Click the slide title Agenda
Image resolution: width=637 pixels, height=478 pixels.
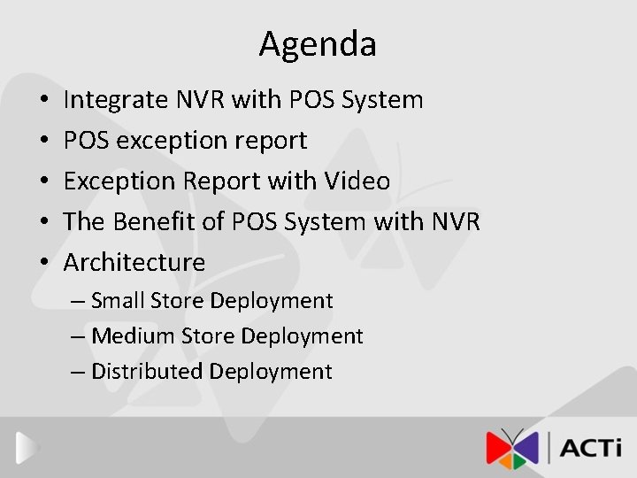click(318, 44)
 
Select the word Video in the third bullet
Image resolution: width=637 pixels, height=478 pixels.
click(357, 181)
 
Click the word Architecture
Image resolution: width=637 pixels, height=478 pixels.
click(134, 263)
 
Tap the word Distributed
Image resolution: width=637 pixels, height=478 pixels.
click(147, 372)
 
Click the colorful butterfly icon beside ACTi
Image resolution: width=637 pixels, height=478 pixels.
click(511, 448)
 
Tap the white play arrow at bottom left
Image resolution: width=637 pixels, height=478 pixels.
click(27, 448)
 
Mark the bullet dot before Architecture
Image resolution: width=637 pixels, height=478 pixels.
click(44, 263)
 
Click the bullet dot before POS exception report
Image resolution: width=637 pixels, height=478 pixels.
click(44, 141)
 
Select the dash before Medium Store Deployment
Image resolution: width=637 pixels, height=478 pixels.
click(78, 336)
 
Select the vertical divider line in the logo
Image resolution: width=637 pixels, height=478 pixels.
click(549, 447)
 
